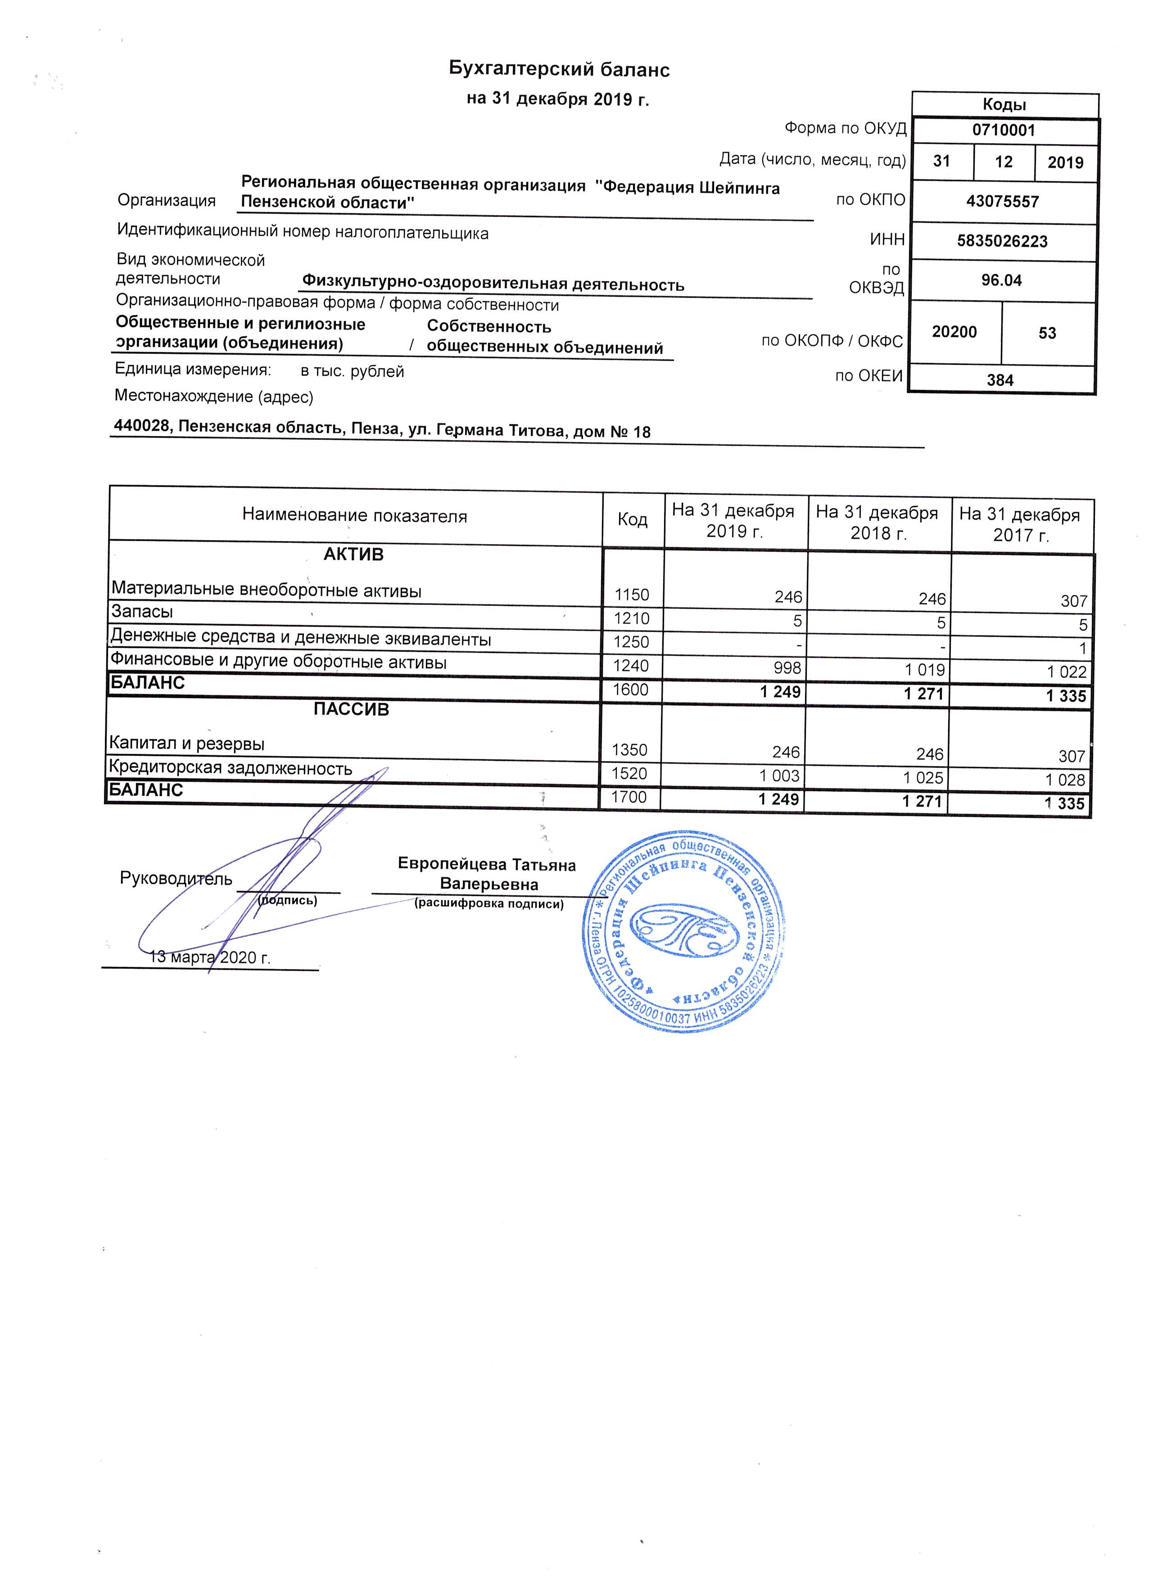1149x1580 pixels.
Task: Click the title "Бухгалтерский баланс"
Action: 558,69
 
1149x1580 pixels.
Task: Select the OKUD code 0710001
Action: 1004,130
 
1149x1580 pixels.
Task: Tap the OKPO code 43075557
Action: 1002,202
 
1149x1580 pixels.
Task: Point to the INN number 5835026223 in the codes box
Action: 1002,241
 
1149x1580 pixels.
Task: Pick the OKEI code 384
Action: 1000,380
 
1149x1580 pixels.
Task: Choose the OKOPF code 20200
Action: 954,332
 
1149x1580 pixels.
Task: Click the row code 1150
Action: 631,595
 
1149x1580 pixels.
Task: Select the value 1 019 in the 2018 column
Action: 925,669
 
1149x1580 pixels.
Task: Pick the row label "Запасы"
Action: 142,612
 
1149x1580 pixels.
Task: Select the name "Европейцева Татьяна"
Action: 486,865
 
